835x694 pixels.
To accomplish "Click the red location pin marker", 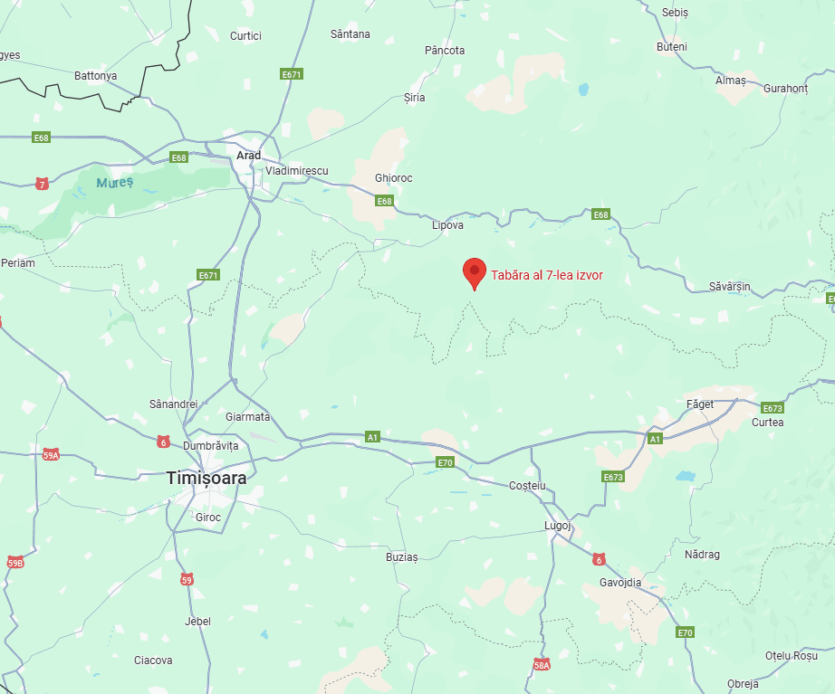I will tap(473, 272).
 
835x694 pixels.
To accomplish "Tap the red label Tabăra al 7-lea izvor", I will tap(547, 275).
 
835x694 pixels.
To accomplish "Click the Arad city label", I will tap(248, 156).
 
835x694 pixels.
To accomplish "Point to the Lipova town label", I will tap(447, 224).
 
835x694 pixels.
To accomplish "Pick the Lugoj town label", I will tap(558, 525).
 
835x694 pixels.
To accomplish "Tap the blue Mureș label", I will tap(115, 183).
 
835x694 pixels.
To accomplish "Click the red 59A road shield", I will tap(51, 454).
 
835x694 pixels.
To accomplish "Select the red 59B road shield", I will tap(15, 562).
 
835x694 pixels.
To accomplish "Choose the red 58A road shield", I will tap(542, 665).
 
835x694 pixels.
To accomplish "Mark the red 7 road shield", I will tap(42, 184).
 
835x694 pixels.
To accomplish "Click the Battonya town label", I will tap(95, 76).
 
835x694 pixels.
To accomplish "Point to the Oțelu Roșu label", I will tap(791, 655).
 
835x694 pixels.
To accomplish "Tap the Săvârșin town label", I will tap(730, 287).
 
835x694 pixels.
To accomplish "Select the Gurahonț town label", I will tap(785, 89).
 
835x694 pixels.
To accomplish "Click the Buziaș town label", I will tap(402, 557).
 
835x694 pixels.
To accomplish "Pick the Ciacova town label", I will tap(153, 661).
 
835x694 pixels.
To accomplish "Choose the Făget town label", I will tap(700, 404).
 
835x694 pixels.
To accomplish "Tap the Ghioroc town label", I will tap(393, 178).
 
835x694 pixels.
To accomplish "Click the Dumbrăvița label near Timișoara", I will tap(210, 446).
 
